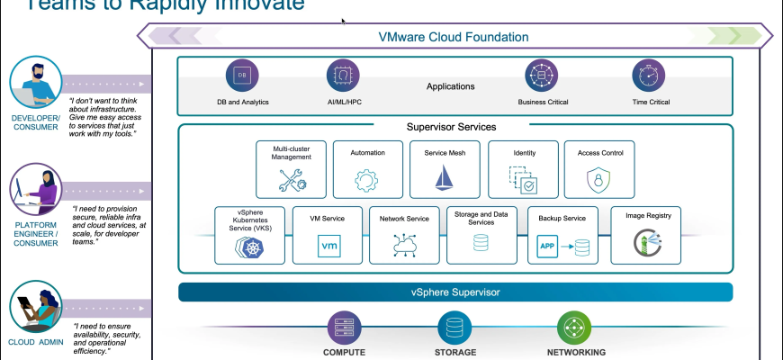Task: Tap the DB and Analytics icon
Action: (242, 75)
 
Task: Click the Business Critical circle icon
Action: (543, 75)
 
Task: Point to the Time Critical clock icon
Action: (648, 75)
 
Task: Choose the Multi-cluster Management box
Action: (291, 169)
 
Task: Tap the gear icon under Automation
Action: (366, 180)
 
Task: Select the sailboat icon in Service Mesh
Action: (444, 178)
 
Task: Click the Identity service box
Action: (523, 169)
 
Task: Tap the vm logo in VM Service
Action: (328, 245)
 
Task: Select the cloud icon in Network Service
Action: (403, 245)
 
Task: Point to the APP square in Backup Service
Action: (545, 245)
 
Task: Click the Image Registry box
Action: (645, 235)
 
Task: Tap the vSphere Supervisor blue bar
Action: (454, 292)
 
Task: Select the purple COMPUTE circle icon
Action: (344, 326)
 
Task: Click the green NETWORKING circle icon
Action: (573, 326)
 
